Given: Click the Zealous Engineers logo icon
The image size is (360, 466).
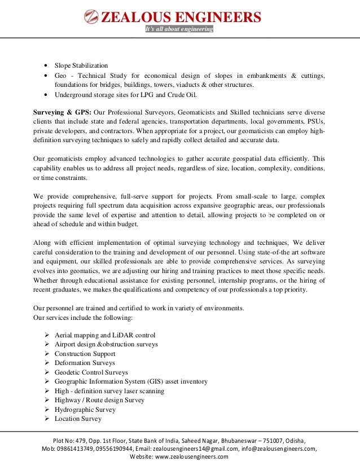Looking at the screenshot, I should pos(90,17).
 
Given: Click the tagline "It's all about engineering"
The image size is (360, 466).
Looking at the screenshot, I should pos(179,29).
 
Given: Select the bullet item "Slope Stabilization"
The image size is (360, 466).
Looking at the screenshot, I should pos(81,66).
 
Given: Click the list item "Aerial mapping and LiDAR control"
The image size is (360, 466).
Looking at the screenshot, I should pos(104,335).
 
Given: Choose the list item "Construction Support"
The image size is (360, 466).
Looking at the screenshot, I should pos(85,354).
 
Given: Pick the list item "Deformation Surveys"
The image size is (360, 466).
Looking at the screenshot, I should pos(85,363).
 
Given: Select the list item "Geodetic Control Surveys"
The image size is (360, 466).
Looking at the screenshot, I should pos(91,372).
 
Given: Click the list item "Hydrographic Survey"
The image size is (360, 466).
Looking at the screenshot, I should pos(85,410).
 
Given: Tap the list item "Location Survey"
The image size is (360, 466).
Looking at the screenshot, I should pos(78,419).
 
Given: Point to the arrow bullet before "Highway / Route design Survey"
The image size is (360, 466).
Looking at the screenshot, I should pos(47,400).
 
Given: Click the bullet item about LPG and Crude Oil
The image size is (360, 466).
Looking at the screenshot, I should pos(115,94).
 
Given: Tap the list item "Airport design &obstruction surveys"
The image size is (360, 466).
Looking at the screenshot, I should pos(106,344).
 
